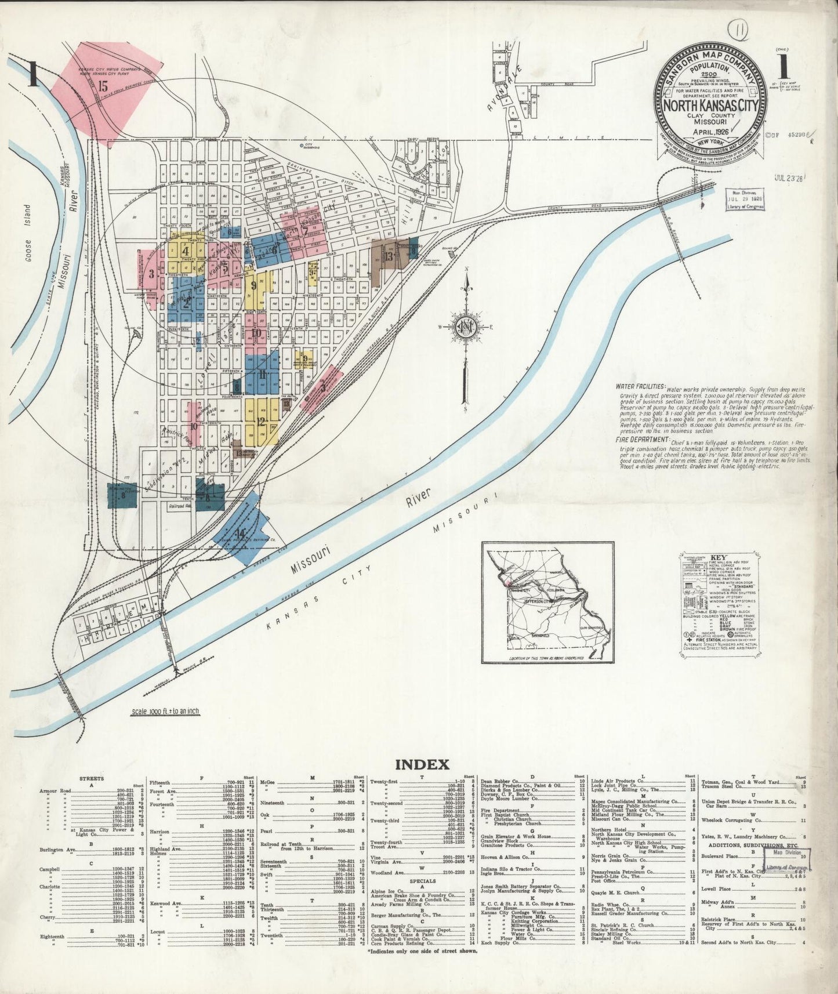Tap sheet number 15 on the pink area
(x=103, y=87)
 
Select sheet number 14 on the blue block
(x=240, y=533)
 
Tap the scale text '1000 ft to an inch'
(x=164, y=711)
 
